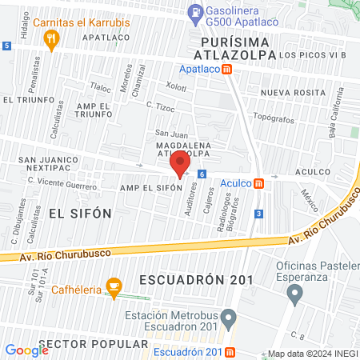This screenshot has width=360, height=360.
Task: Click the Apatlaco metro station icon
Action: (228, 69)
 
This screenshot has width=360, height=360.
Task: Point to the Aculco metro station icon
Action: (259, 183)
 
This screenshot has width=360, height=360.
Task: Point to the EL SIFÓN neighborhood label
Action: (78, 213)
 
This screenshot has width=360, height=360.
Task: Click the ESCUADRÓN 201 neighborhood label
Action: (196, 280)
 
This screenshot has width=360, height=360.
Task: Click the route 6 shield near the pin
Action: (202, 174)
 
